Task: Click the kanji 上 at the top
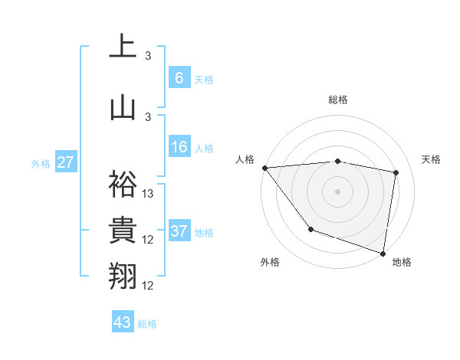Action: pyautogui.click(x=123, y=47)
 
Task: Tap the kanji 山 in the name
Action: pyautogui.click(x=123, y=107)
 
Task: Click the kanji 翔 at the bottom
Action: pyautogui.click(x=123, y=274)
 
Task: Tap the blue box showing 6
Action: pyautogui.click(x=179, y=77)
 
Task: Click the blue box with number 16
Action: pyautogui.click(x=179, y=148)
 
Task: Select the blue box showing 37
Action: pyautogui.click(x=179, y=231)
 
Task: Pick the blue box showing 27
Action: pyautogui.click(x=66, y=162)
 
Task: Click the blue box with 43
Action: pyautogui.click(x=122, y=322)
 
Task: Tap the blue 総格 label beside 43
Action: pyautogui.click(x=147, y=324)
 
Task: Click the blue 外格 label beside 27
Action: pyautogui.click(x=41, y=163)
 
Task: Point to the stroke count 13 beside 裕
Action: pyautogui.click(x=148, y=194)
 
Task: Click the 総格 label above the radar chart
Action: pyautogui.click(x=337, y=100)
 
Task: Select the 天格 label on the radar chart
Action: pyautogui.click(x=431, y=159)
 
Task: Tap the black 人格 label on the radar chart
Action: pyautogui.click(x=245, y=159)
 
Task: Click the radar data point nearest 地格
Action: pyautogui.click(x=383, y=253)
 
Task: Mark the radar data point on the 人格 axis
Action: pyautogui.click(x=264, y=168)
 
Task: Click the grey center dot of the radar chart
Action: pyautogui.click(x=337, y=191)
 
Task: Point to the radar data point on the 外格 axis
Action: pyautogui.click(x=310, y=228)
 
